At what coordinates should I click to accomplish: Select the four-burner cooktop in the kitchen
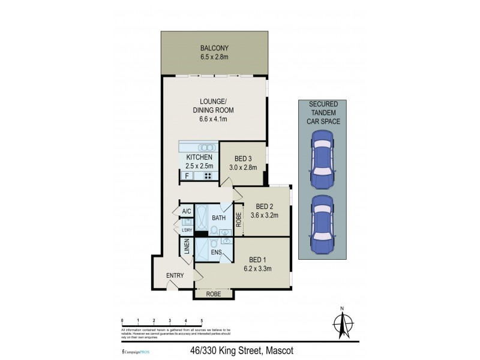(x=208, y=176)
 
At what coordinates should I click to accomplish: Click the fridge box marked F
(x=187, y=176)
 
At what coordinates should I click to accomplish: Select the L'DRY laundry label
(x=187, y=230)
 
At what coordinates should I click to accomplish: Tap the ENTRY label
(x=175, y=275)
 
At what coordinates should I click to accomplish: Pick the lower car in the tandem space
(x=325, y=223)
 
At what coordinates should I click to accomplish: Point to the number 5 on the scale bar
(x=202, y=320)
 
